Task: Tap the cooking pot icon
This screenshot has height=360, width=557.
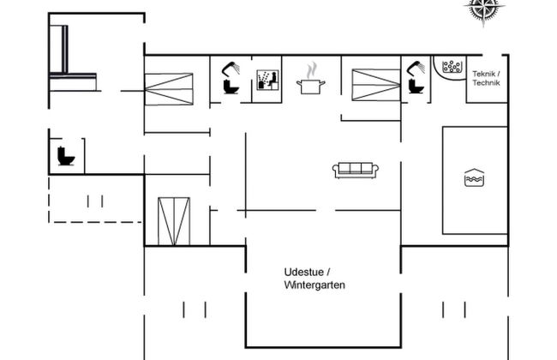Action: click(310, 86)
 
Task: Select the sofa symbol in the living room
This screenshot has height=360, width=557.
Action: click(356, 170)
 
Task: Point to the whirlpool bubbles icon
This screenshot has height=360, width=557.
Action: click(452, 67)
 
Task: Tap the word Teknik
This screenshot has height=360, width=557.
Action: click(486, 75)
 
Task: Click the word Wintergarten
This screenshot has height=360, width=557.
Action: click(314, 285)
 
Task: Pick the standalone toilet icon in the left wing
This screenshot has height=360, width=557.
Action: click(66, 157)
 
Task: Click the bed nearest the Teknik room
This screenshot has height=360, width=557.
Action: click(376, 85)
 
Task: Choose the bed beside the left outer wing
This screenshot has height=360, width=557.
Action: click(169, 88)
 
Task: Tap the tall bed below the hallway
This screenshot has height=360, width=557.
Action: click(174, 221)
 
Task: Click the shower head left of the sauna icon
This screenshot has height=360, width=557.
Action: click(231, 68)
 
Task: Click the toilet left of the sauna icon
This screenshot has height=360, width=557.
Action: click(230, 87)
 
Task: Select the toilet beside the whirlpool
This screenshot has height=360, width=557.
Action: click(416, 87)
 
